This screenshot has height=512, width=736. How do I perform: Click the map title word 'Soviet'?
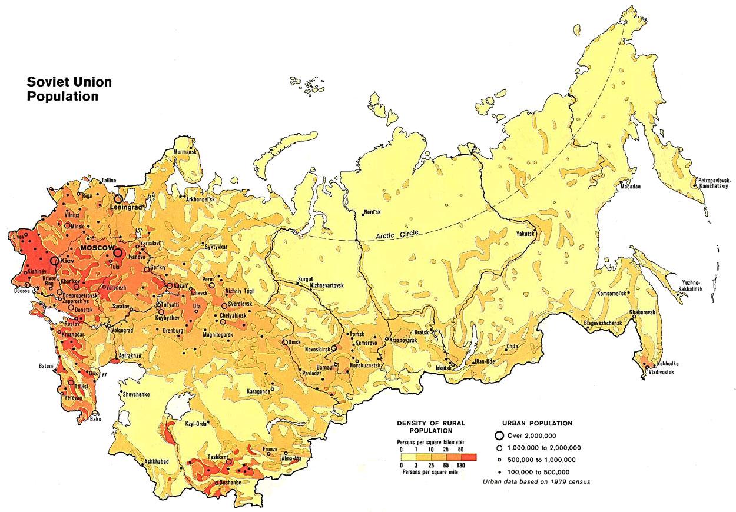click(x=45, y=82)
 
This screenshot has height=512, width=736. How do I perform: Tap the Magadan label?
click(x=628, y=187)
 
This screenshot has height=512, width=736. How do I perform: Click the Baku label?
click(x=95, y=419)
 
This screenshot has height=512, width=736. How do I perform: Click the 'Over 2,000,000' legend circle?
click(x=499, y=435)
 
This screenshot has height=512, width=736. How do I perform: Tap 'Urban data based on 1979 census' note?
click(x=536, y=481)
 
